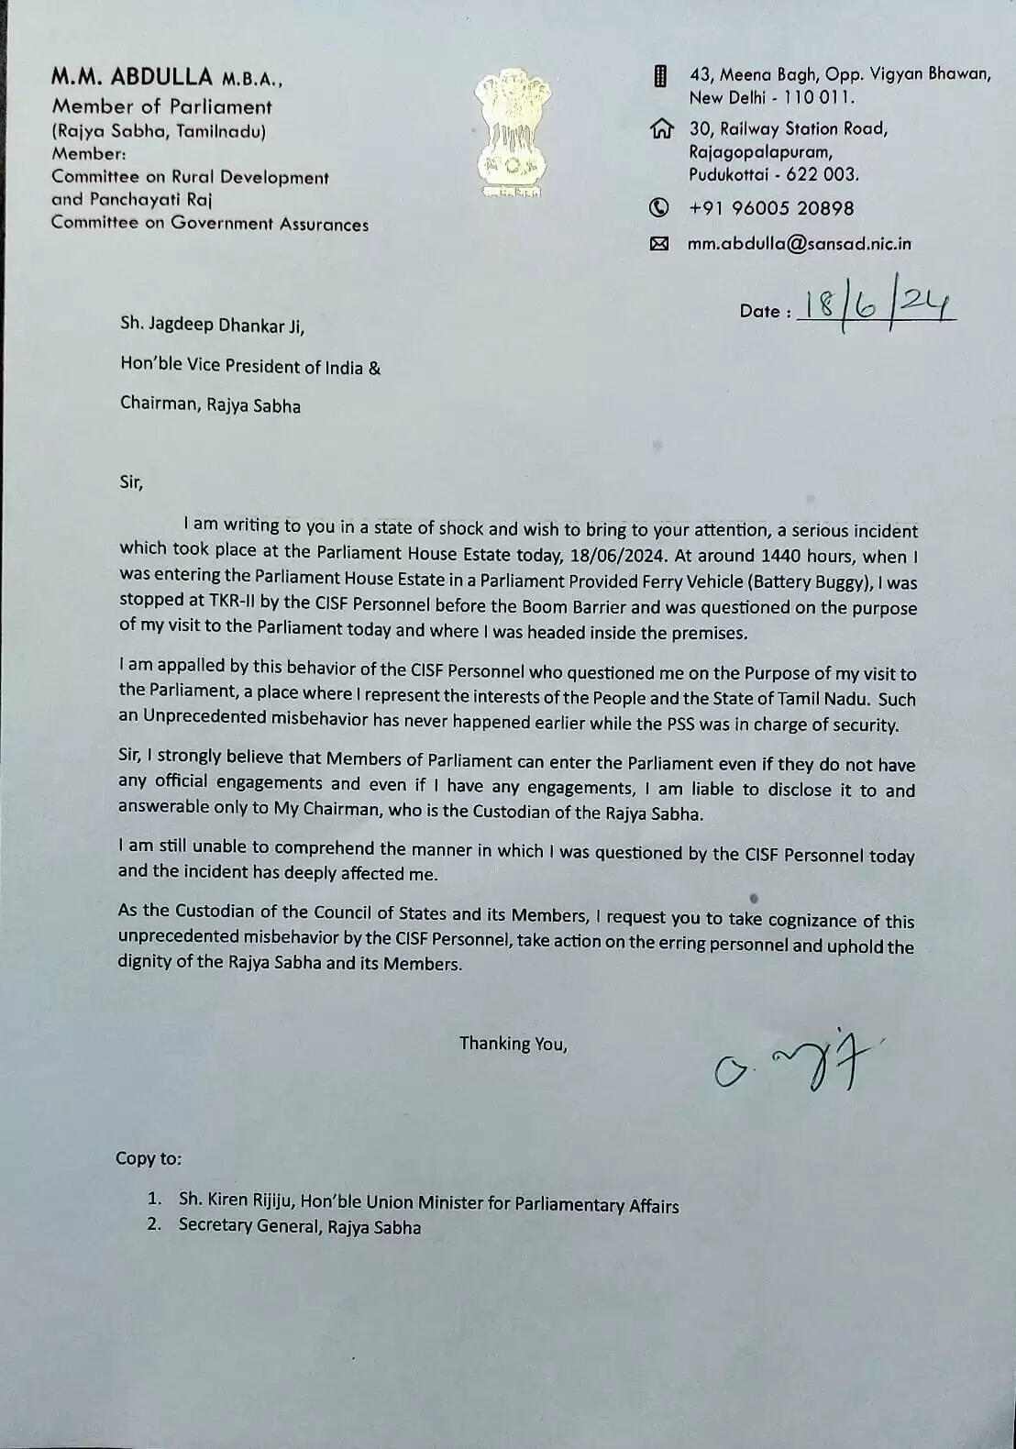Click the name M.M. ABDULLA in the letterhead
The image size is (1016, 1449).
(132, 78)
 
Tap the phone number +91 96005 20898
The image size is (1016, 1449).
(771, 208)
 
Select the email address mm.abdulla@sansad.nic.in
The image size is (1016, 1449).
(800, 244)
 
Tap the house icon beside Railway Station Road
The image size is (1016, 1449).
(660, 129)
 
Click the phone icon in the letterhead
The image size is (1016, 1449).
(658, 208)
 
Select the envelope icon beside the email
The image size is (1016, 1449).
(658, 244)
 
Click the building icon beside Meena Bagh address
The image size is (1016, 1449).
(659, 76)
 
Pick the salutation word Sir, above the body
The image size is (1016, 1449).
(131, 481)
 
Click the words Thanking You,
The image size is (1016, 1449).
(513, 1044)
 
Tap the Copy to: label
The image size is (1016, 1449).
(149, 1158)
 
